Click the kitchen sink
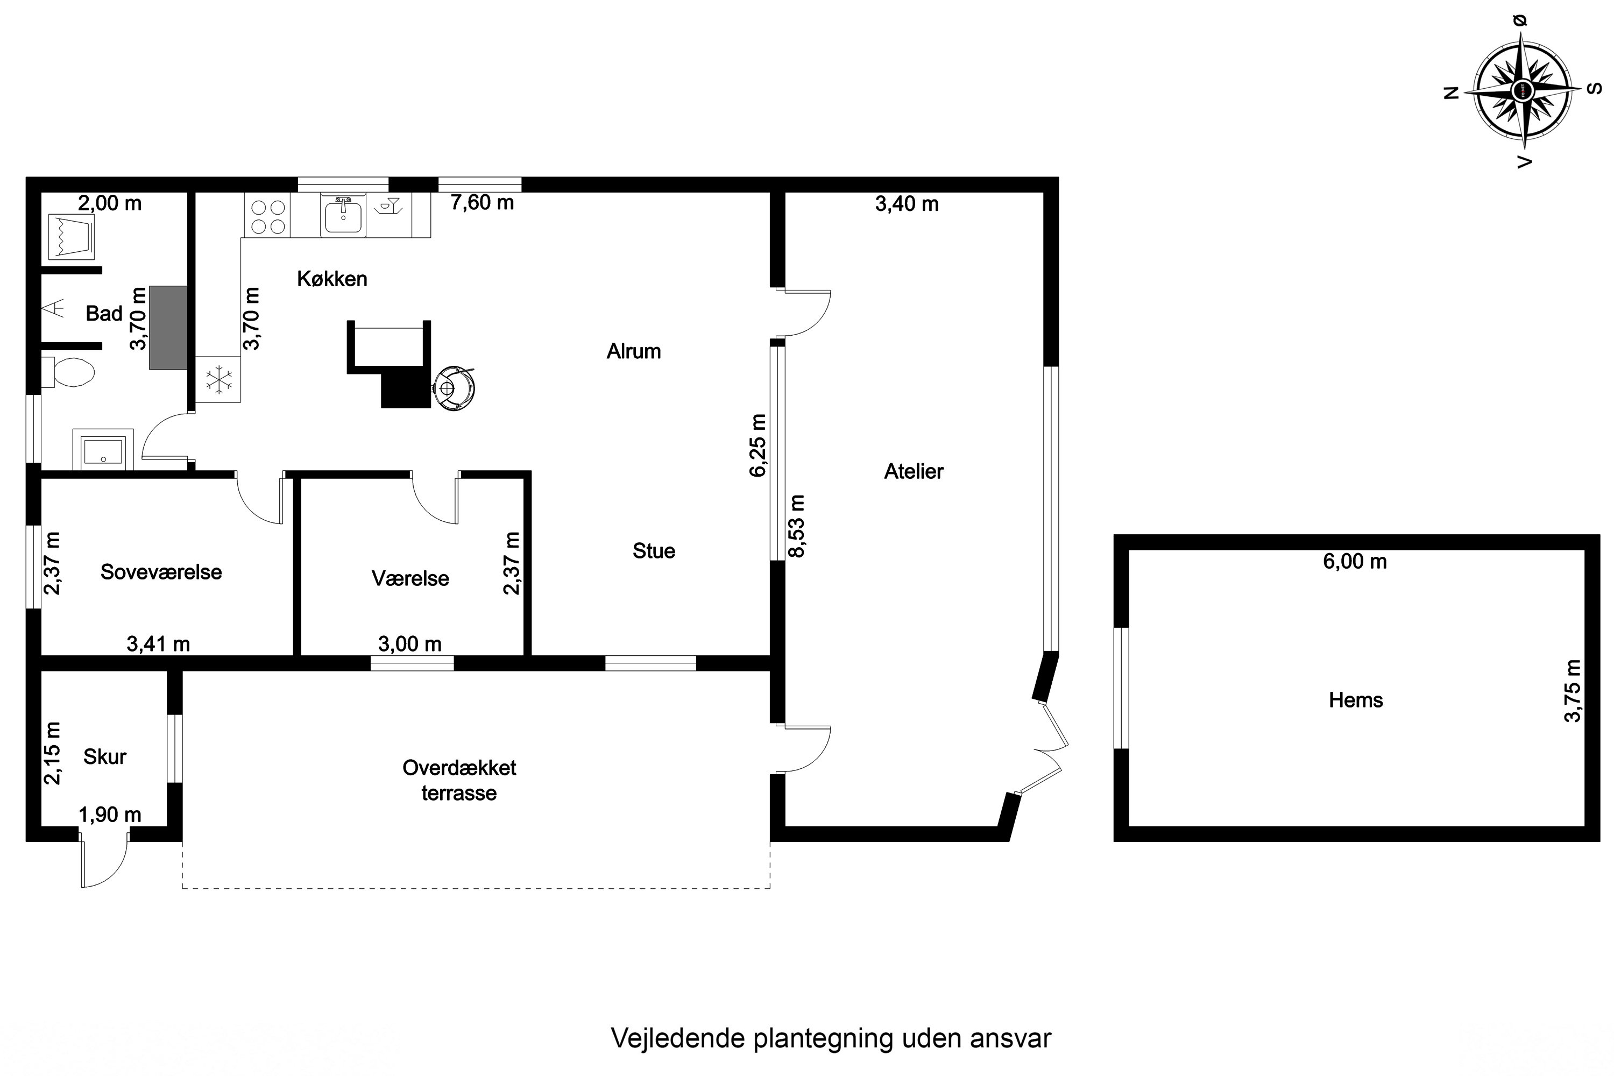tap(342, 215)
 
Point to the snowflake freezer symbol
tap(219, 379)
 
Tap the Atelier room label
tap(914, 471)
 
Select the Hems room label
tap(1356, 700)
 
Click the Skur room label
tap(105, 757)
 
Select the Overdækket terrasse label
tap(459, 780)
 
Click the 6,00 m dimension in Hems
tap(1355, 561)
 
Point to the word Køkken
tap(332, 279)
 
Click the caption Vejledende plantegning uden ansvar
tap(831, 1038)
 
